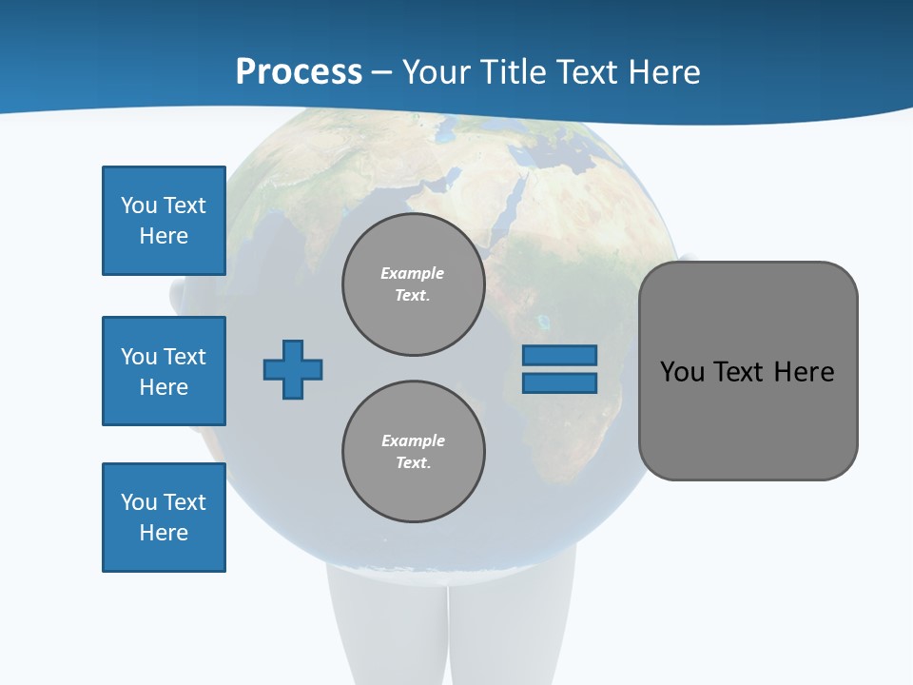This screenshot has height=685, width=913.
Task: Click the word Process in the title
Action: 299,72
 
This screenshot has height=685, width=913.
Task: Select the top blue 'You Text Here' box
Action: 164,221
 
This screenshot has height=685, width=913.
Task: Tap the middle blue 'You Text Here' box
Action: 164,371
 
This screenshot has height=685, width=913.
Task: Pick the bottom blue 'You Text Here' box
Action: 164,518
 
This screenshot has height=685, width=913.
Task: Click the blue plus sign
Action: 293,369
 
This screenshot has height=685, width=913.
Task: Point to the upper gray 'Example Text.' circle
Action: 413,284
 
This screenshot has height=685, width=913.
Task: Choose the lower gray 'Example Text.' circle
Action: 413,452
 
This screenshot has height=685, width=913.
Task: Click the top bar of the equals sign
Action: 559,355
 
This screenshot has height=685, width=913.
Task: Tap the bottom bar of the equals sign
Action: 559,383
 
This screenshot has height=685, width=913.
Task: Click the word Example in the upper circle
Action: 413,273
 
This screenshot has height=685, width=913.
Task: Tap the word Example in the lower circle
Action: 413,440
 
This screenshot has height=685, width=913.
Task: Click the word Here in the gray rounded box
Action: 804,372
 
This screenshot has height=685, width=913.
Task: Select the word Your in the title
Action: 438,72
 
